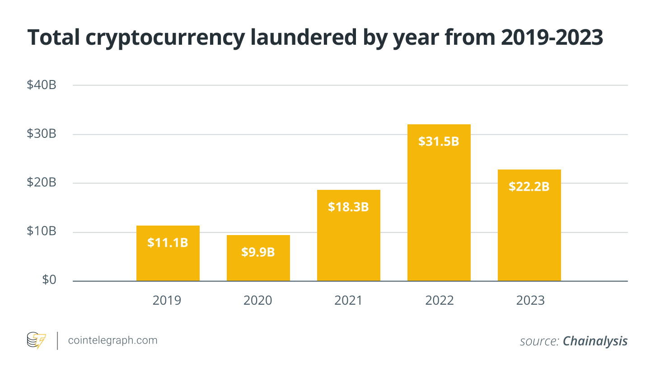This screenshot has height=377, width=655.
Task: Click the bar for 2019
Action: (168, 253)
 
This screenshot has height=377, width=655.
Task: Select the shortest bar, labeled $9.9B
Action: (258, 258)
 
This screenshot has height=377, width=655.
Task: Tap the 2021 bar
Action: (349, 236)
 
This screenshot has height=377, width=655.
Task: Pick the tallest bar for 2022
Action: (439, 203)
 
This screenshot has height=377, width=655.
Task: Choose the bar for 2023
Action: (529, 225)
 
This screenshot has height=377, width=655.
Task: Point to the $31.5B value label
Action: (439, 141)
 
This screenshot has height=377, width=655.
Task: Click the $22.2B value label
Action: (529, 186)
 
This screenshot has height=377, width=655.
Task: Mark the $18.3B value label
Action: (348, 207)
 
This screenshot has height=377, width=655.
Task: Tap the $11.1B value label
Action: (168, 243)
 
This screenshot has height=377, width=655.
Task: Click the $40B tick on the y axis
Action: (42, 85)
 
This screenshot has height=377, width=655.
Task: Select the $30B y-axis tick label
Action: (42, 133)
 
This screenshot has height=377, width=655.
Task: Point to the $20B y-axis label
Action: (42, 182)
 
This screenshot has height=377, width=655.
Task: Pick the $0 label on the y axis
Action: (49, 280)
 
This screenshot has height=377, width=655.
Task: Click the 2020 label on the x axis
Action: (257, 301)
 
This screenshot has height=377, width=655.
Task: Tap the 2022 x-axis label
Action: (440, 301)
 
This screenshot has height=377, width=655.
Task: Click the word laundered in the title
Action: (304, 38)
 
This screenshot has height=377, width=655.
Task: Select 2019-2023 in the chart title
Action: (552, 38)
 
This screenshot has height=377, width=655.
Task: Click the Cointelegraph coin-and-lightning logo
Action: (36, 340)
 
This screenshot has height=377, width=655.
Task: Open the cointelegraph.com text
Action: (113, 340)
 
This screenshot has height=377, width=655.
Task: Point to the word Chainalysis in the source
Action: (595, 341)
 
